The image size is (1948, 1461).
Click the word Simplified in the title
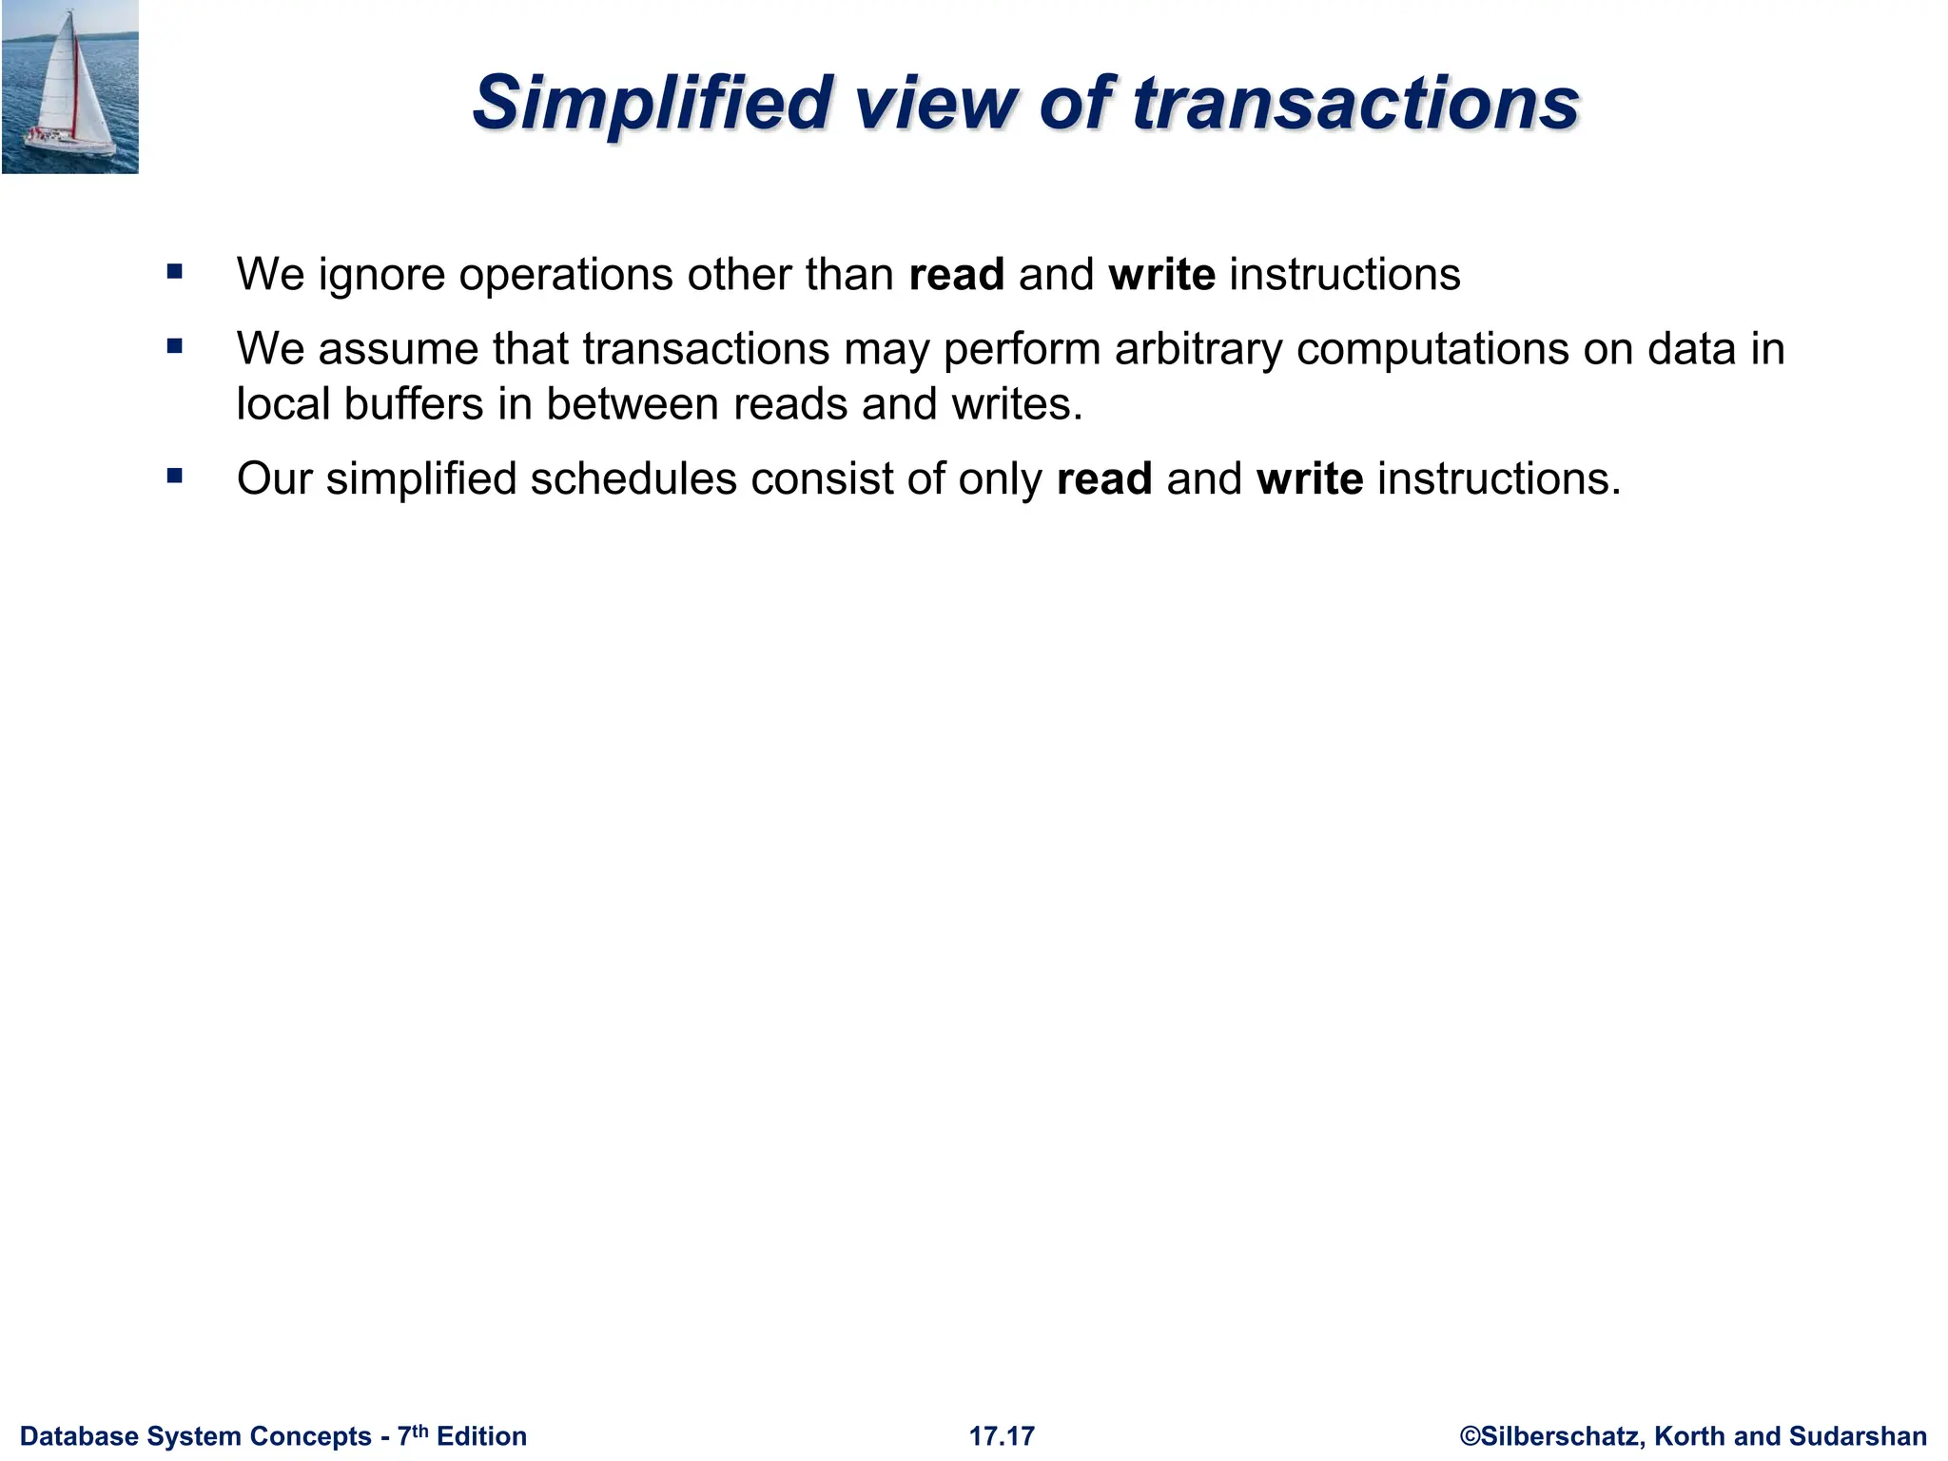(652, 103)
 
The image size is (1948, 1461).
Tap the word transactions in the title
(1354, 103)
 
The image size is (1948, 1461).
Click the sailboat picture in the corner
(69, 87)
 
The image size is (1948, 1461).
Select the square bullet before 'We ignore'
(174, 272)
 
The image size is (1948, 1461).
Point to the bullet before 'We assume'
(174, 346)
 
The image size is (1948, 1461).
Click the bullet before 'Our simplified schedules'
(174, 476)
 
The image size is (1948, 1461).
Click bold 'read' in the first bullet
(956, 275)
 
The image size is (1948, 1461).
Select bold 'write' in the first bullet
(1161, 275)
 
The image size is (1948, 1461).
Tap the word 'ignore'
(380, 276)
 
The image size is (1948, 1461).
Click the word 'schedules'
(633, 478)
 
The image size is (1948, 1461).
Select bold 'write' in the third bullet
(1310, 478)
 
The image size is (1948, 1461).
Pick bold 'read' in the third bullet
(1104, 478)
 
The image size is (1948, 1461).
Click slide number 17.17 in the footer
(1002, 1436)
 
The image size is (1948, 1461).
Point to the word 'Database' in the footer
(79, 1436)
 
